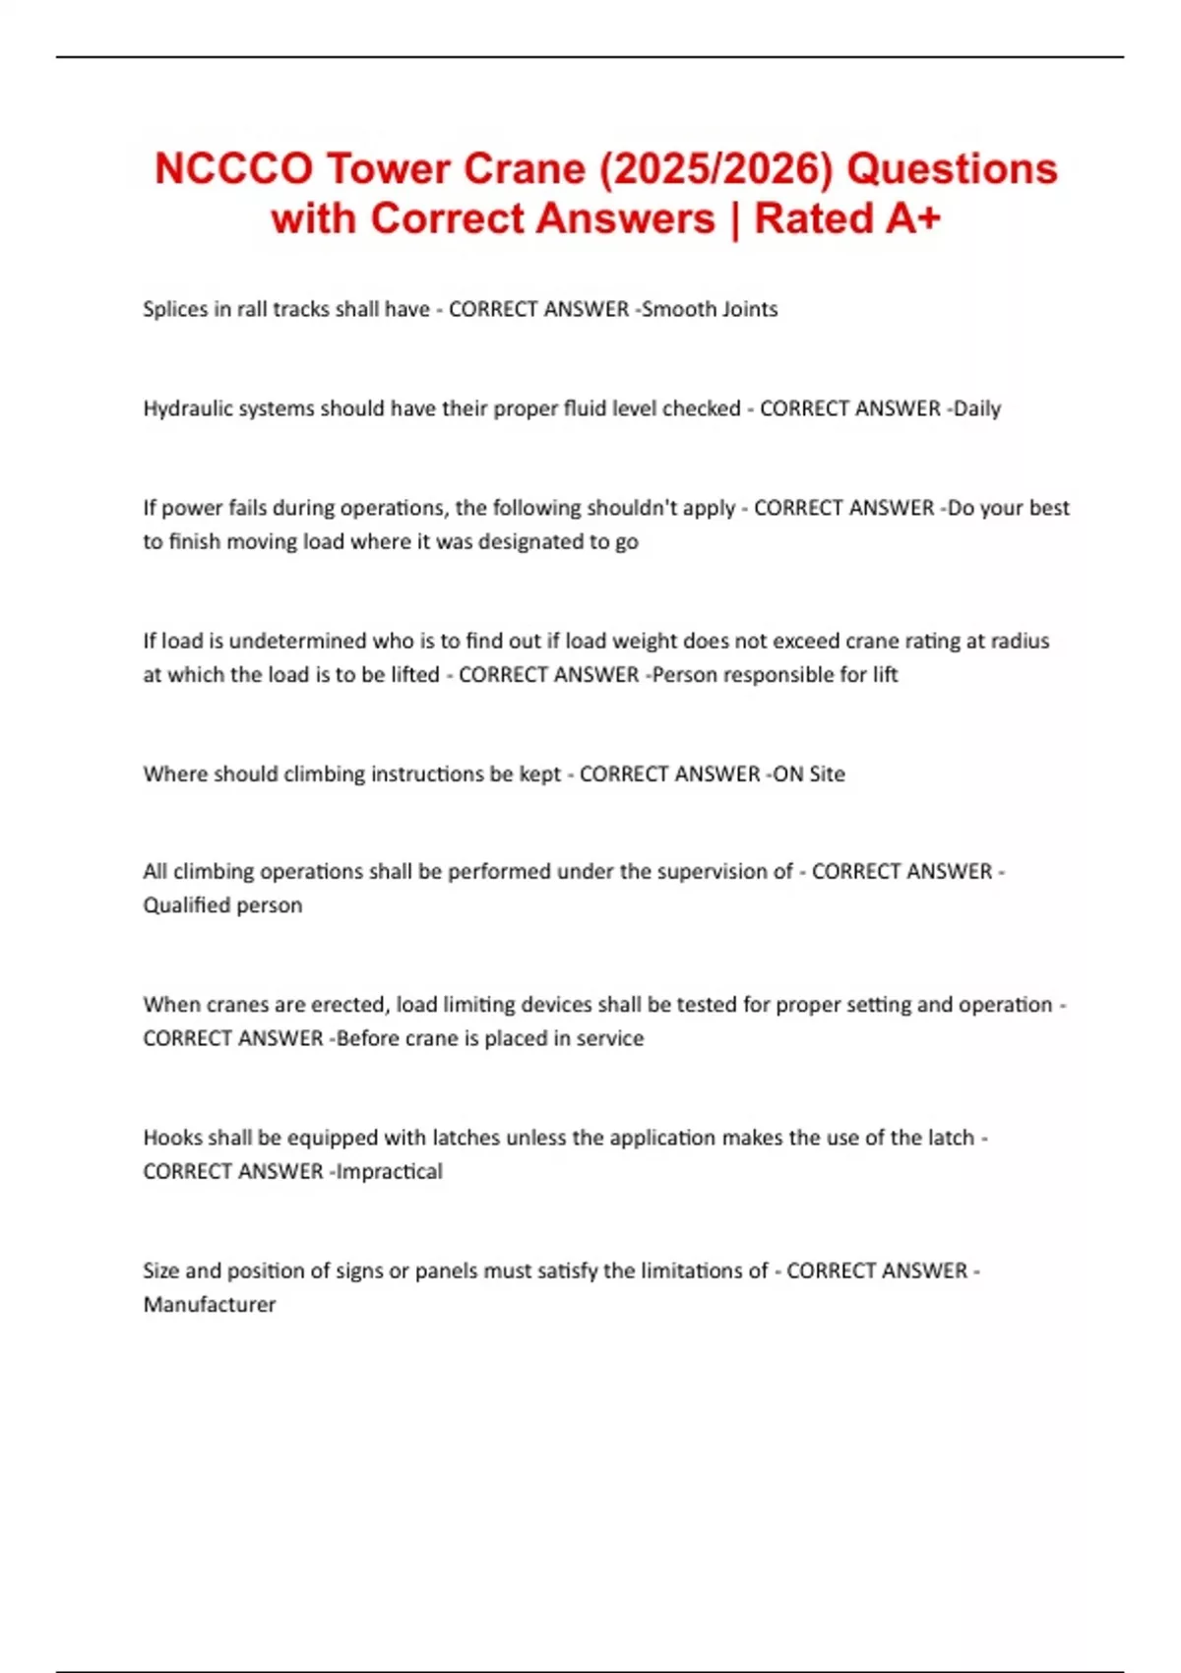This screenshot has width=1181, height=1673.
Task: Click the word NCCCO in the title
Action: [233, 168]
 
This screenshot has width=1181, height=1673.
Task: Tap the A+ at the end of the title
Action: [913, 218]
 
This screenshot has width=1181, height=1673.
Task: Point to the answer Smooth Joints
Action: [710, 309]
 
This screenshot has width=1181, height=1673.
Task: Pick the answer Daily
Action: [976, 408]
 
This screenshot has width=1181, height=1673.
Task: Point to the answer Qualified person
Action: [222, 905]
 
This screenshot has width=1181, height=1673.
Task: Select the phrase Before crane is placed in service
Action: [490, 1038]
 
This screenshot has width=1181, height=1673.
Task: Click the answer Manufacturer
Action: [210, 1305]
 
